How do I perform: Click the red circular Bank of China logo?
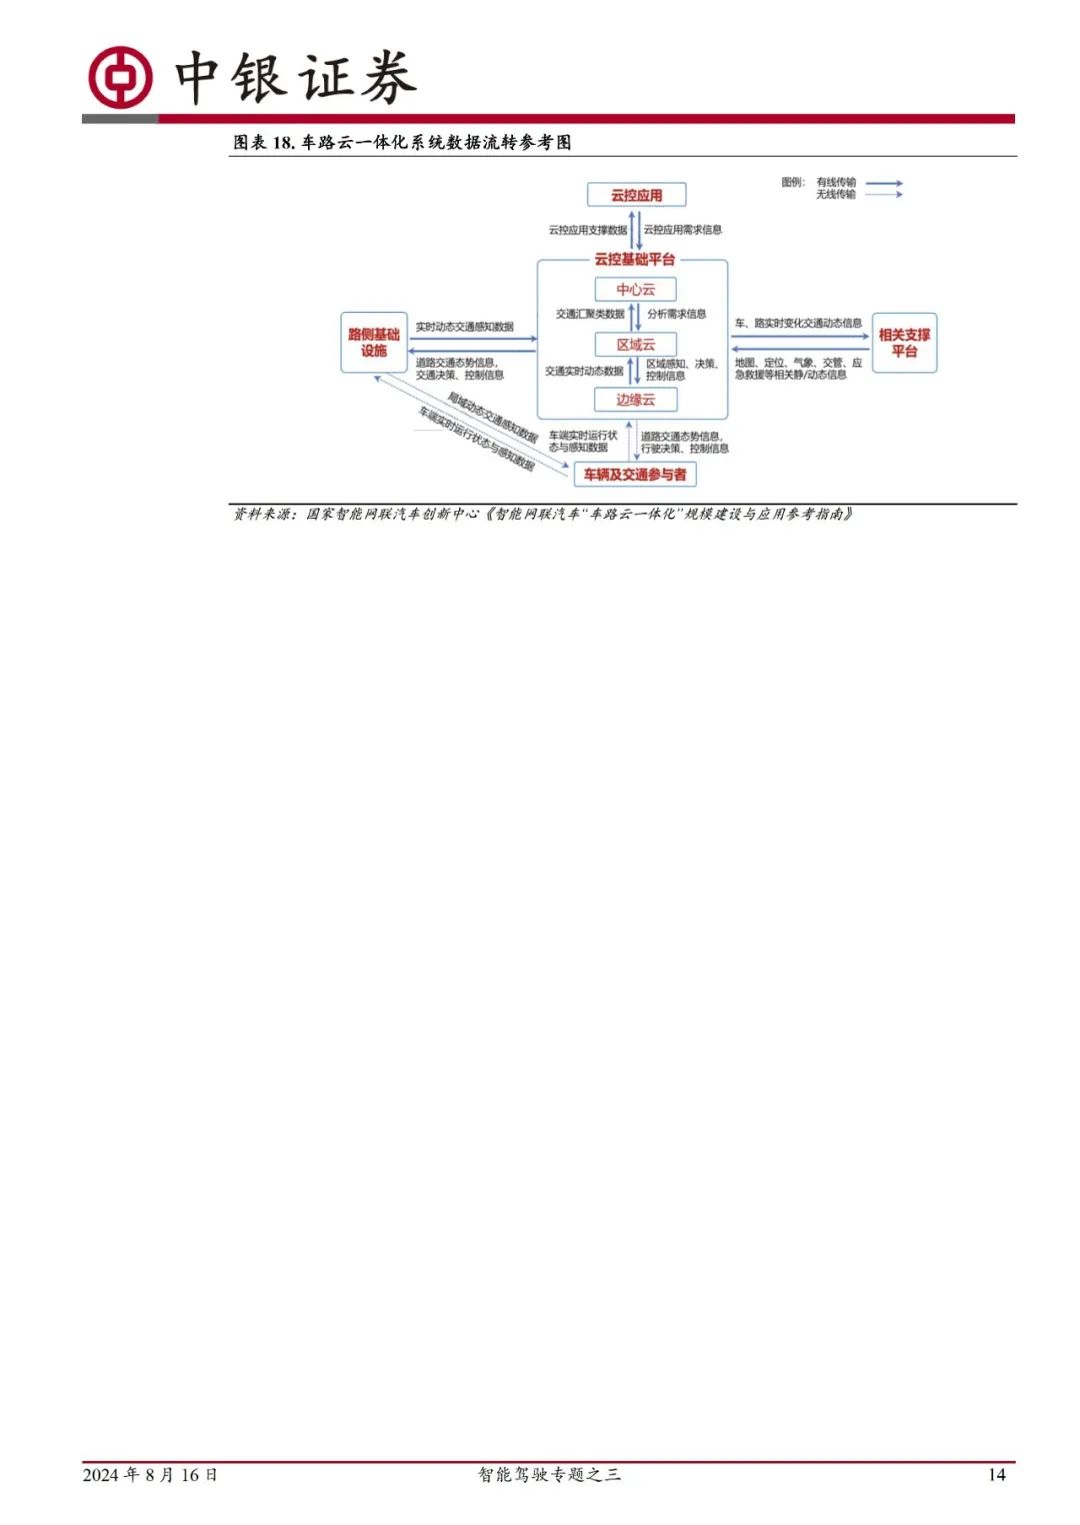pos(120,77)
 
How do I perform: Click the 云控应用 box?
pos(636,195)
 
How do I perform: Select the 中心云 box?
pos(635,290)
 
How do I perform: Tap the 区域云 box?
pos(635,345)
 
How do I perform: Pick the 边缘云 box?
pos(635,400)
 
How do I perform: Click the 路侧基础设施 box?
pos(374,343)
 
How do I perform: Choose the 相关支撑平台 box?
pos(904,343)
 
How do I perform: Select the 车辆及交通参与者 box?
pos(635,475)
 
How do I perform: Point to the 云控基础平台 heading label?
pos(635,260)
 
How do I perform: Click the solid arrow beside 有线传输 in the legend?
pos(884,183)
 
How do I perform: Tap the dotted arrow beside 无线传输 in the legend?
pos(884,195)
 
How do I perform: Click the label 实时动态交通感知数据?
pos(465,327)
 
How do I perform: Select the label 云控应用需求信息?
pos(683,230)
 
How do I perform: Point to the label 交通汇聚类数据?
pos(590,314)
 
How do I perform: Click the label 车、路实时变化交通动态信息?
pos(798,324)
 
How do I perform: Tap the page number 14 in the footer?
pos(996,1475)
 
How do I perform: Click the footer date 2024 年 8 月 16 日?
pos(150,1475)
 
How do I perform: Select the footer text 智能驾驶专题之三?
pos(549,1475)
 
